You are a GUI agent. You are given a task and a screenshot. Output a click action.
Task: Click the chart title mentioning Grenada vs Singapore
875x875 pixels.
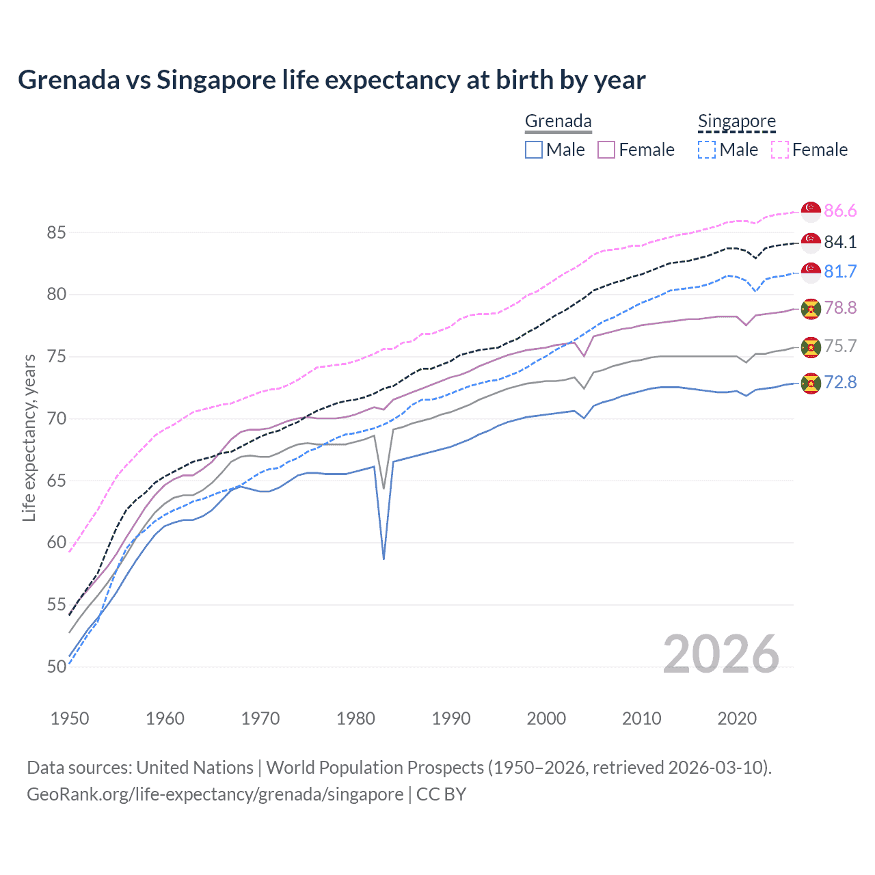pos(332,80)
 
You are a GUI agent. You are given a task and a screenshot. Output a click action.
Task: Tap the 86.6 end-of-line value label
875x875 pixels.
pos(840,211)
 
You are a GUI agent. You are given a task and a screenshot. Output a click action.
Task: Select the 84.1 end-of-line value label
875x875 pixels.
pos(840,242)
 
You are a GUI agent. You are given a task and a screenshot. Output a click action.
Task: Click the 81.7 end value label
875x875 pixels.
pos(840,271)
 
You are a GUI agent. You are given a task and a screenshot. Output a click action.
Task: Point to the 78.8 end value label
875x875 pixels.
pos(840,308)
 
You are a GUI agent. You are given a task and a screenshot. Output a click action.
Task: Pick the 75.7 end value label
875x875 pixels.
pos(840,346)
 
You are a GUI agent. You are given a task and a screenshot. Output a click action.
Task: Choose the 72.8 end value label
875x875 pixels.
pos(840,382)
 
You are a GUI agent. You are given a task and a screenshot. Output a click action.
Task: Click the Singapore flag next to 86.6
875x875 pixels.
pos(811,211)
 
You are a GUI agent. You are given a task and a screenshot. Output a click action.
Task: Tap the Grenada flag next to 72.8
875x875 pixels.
pos(811,383)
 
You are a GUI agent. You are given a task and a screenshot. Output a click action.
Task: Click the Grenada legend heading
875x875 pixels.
pos(558,121)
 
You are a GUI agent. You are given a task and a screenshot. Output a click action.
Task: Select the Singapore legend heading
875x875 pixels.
pos(736,121)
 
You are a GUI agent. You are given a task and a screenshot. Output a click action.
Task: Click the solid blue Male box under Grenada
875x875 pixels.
pos(534,150)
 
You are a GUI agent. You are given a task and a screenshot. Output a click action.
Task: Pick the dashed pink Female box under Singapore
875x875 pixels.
pos(780,150)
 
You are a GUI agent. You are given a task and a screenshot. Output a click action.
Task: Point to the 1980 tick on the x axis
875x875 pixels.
pos(355,718)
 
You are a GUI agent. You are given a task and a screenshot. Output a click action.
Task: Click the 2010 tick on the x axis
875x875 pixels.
pos(641,718)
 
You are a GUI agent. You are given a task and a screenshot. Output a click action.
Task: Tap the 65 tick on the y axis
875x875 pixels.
pos(56,481)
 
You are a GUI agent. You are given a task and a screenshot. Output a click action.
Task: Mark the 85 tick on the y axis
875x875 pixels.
pos(56,232)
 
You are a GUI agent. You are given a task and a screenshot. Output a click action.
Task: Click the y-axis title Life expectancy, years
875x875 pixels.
pos(29,437)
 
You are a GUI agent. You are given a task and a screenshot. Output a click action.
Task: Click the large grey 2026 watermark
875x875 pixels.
pos(721,654)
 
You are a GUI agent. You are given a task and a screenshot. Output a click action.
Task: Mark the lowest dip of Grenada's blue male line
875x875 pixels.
pos(384,558)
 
